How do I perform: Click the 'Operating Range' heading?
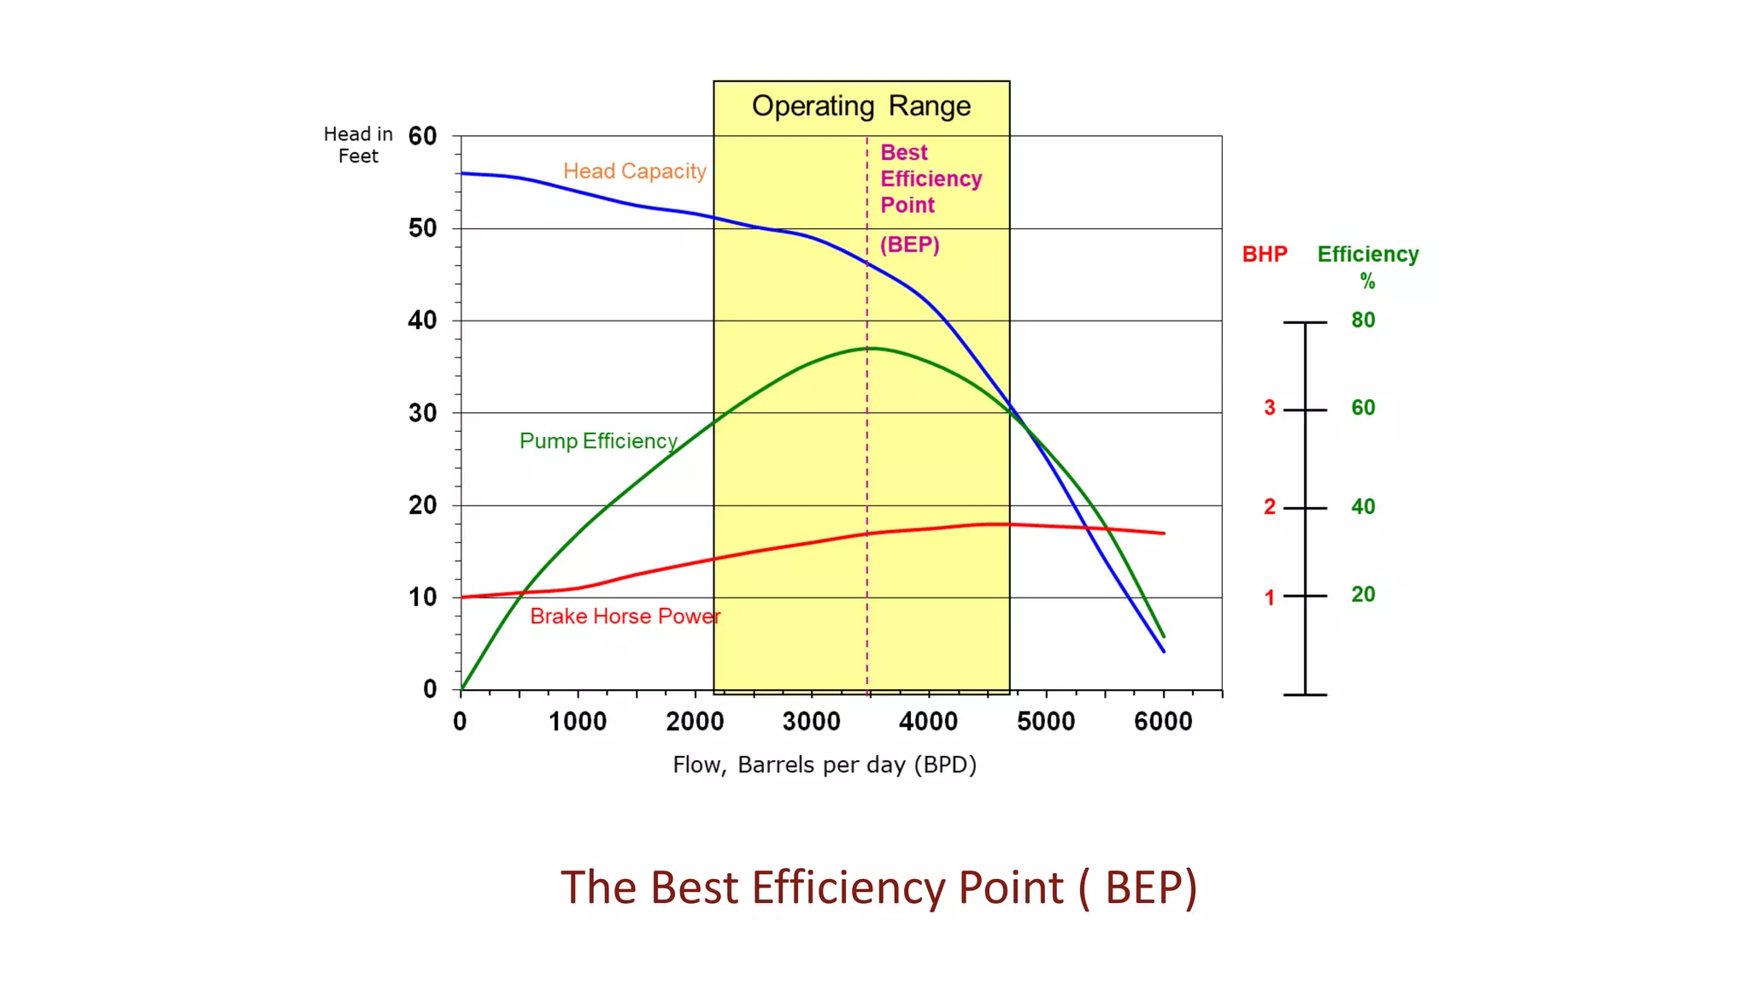pos(860,106)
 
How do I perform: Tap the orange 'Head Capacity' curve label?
pos(634,171)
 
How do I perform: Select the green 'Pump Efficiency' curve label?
pos(598,441)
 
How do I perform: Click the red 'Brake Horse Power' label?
pos(625,616)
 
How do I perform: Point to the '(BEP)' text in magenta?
pos(909,245)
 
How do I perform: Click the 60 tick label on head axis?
pos(422,136)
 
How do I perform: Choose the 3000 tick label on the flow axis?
pos(811,722)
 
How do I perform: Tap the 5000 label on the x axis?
pos(1045,722)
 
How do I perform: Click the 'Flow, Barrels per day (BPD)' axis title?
pos(824,764)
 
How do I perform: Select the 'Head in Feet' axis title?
pos(358,145)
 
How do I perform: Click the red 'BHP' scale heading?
pos(1264,254)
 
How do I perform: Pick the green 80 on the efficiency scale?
pos(1363,321)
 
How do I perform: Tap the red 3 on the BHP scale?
pos(1270,409)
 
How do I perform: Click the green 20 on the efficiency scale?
pos(1363,594)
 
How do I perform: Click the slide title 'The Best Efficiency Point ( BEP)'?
pos(878,888)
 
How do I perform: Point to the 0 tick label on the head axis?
pos(430,689)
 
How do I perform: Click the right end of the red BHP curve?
pos(1164,534)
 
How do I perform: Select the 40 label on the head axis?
pos(422,321)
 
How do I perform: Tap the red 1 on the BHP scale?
pos(1270,598)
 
